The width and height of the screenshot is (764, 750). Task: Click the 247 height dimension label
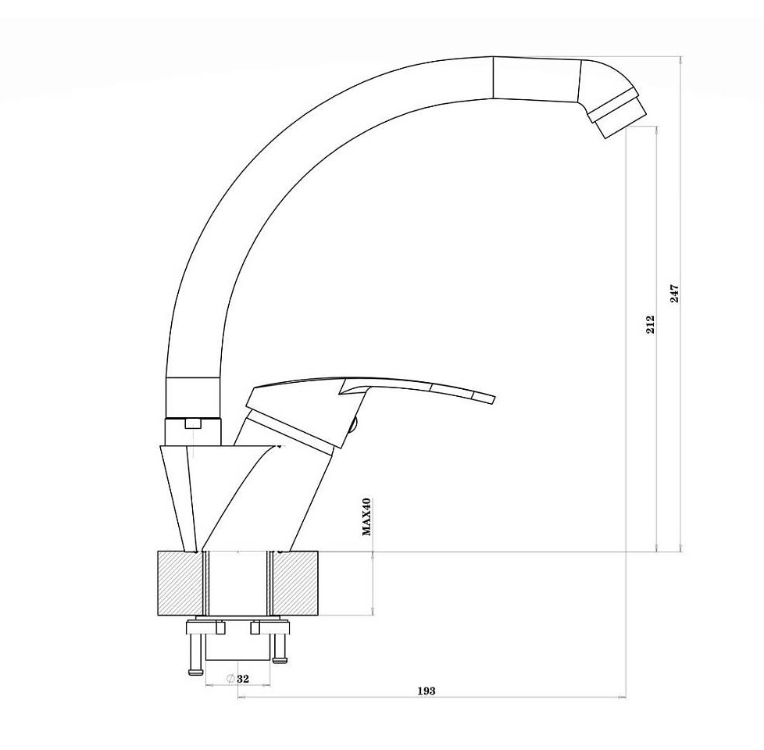[674, 294]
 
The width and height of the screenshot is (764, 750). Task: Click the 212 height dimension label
[650, 324]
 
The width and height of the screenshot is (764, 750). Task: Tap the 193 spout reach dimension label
[427, 691]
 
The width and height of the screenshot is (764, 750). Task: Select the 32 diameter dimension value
[243, 679]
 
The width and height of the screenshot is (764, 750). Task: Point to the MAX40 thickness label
[366, 516]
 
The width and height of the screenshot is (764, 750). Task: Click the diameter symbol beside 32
[231, 679]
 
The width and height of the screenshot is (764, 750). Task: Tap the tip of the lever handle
[491, 398]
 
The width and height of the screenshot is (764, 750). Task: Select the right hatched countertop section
[296, 583]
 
